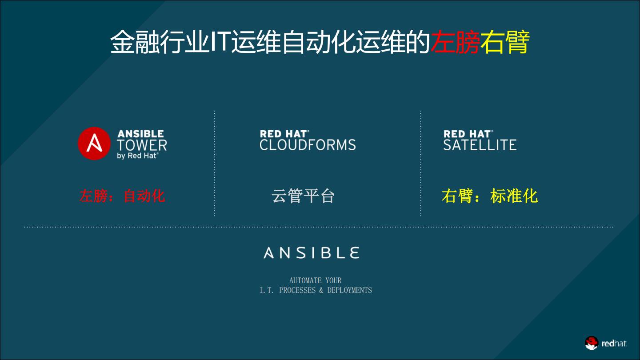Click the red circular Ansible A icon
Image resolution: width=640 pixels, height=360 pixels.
pos(94,143)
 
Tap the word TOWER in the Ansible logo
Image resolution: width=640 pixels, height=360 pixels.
pos(142,145)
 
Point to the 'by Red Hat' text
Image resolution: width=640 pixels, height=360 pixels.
pos(137,156)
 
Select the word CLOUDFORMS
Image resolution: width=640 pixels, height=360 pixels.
pos(308,145)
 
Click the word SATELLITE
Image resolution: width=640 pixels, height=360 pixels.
pos(480,145)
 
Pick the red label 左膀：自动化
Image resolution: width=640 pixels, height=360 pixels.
pos(122,196)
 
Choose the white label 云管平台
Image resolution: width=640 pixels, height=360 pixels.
pos(303,196)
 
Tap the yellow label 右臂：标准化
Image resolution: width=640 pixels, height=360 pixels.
pos(489,196)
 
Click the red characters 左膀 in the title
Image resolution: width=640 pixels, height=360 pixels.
pos(455,43)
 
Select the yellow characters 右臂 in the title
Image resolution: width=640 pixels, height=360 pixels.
pos(504,43)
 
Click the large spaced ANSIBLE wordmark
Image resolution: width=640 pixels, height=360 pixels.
pos(311,253)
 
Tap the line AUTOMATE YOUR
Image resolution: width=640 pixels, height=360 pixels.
pos(315,280)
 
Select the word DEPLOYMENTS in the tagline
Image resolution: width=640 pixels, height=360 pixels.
pos(349,290)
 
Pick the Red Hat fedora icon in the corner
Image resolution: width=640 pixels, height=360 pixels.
pos(591,343)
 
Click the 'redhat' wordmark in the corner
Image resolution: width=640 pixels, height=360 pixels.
pos(614,343)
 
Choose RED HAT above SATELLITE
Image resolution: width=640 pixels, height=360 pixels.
pos(468,134)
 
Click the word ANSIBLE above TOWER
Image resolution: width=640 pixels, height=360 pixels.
pos(140,134)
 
